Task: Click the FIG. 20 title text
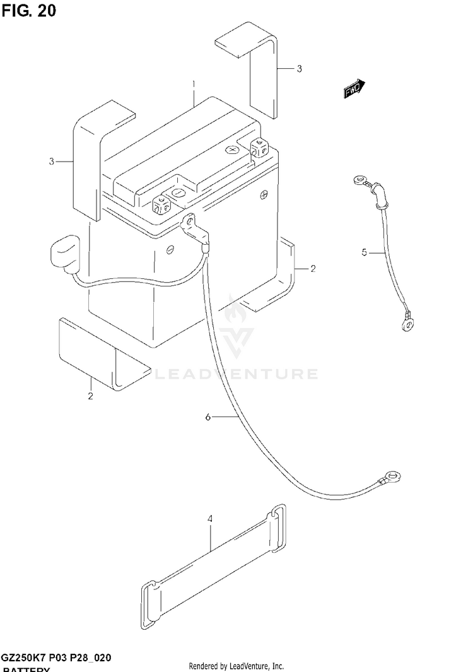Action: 28,11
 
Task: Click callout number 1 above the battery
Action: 194,83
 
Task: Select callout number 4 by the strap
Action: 209,519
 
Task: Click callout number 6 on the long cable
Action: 208,417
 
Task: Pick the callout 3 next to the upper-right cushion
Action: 300,68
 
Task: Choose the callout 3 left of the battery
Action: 52,162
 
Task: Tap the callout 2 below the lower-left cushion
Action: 91,396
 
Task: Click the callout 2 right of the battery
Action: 313,269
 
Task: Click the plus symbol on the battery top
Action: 232,150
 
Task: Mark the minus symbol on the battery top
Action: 178,192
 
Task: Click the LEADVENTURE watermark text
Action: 237,374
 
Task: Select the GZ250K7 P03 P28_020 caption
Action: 57,657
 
